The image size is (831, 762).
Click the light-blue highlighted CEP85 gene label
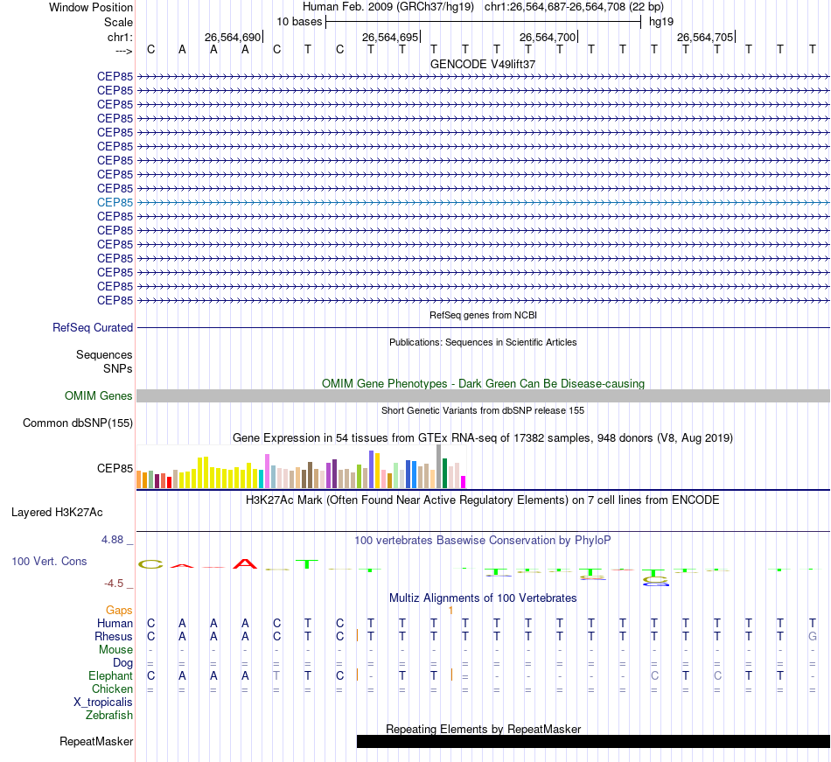click(x=115, y=202)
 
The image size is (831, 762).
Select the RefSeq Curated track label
click(x=93, y=327)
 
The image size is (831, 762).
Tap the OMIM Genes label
click(x=99, y=395)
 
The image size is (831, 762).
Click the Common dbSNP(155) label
click(x=78, y=423)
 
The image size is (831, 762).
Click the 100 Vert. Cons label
click(x=49, y=561)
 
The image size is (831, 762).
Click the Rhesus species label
click(x=114, y=637)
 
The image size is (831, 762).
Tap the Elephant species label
click(x=111, y=675)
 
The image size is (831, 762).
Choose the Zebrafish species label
click(x=109, y=715)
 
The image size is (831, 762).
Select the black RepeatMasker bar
click(x=593, y=742)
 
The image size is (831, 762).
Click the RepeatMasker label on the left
click(x=96, y=742)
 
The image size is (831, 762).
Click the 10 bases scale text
click(x=299, y=21)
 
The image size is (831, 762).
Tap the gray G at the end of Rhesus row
click(x=813, y=637)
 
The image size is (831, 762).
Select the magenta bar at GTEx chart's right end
click(x=464, y=481)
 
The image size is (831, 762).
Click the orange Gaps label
click(x=119, y=610)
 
